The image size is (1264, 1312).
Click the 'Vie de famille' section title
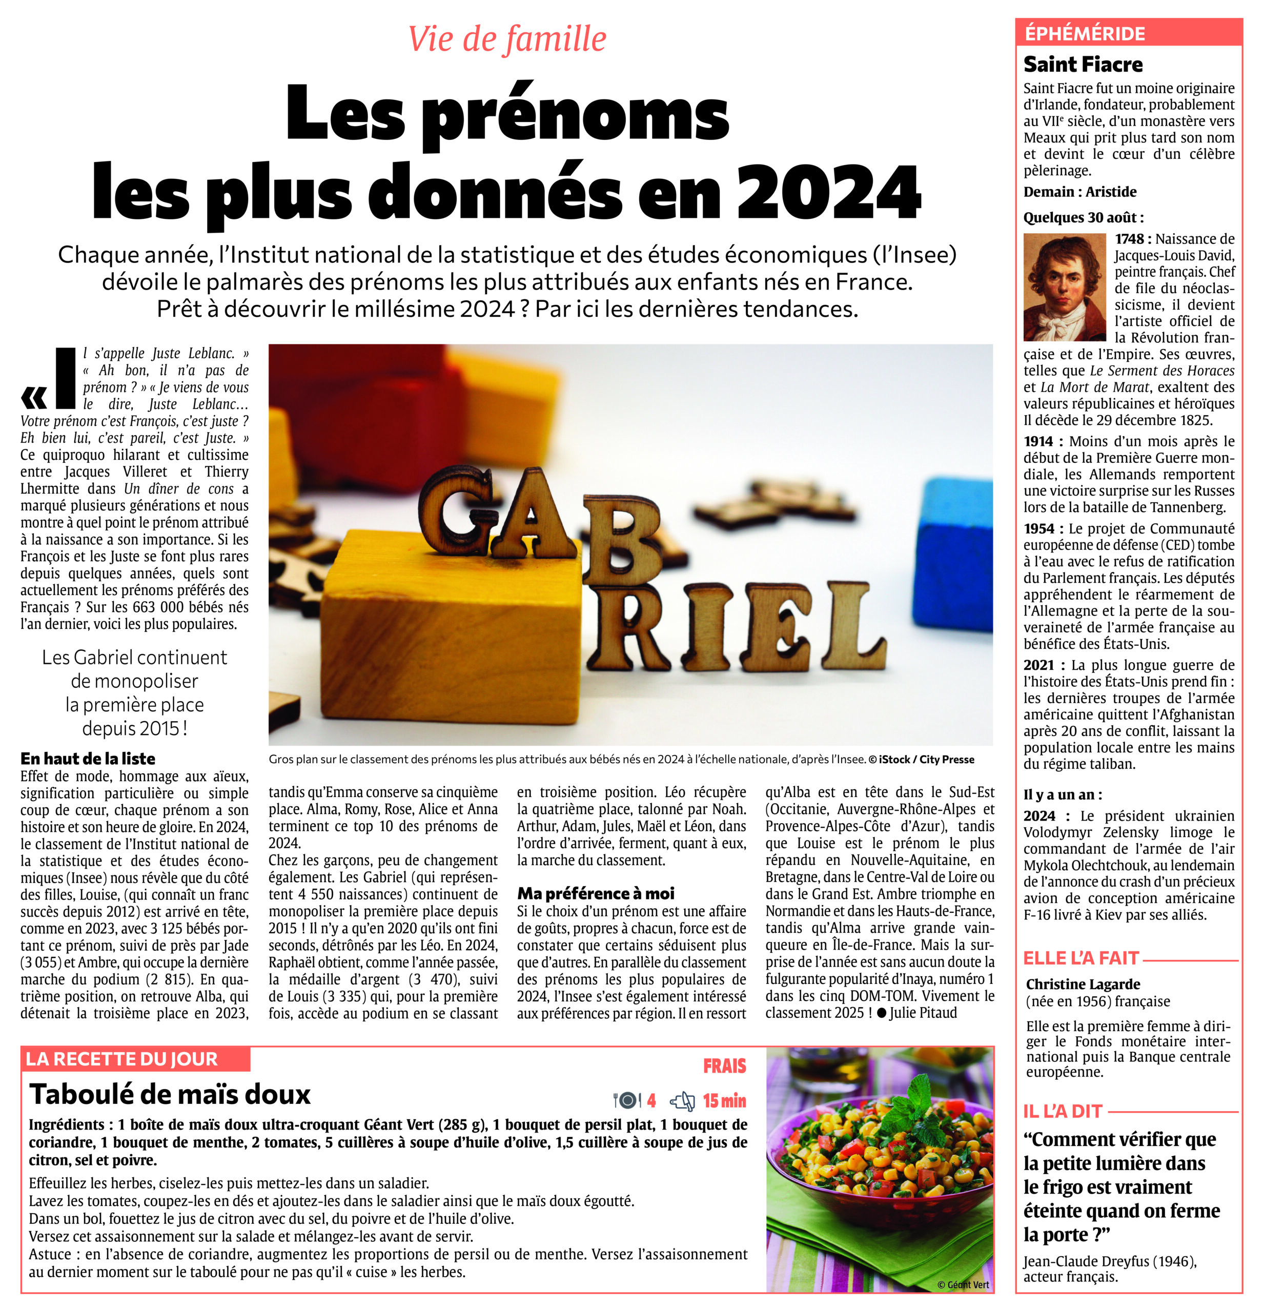coord(507,39)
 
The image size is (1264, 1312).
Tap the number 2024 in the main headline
coord(828,192)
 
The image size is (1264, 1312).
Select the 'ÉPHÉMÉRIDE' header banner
coord(1085,33)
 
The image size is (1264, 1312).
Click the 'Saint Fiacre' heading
coord(1083,64)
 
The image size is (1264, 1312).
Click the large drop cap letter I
coord(65,378)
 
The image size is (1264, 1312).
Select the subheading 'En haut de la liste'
coord(88,758)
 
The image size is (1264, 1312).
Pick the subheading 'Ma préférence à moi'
coord(595,893)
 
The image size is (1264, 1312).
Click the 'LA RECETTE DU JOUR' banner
coord(122,1059)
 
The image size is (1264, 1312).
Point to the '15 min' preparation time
coord(724,1100)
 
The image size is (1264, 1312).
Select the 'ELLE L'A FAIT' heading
coord(1080,958)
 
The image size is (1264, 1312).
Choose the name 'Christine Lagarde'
coord(1083,984)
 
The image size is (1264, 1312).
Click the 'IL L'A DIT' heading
coord(1063,1111)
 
